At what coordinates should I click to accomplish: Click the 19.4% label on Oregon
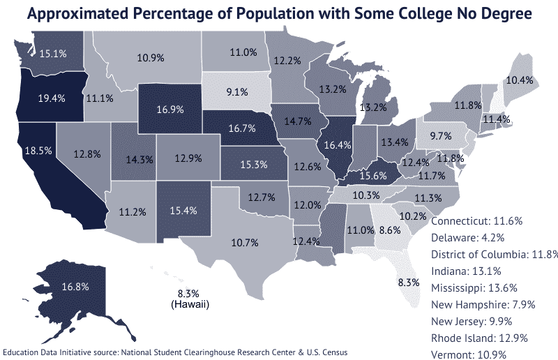coord(52,98)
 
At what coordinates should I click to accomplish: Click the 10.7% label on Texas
coord(245,243)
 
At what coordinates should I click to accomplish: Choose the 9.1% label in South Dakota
coord(236,91)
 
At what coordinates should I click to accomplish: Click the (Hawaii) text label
coord(190,305)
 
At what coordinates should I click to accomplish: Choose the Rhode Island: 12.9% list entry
coord(479,338)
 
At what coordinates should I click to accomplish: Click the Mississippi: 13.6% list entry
coord(475,287)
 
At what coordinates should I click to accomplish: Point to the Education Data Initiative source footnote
coord(174,352)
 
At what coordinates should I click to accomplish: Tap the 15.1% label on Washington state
coord(53,53)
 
